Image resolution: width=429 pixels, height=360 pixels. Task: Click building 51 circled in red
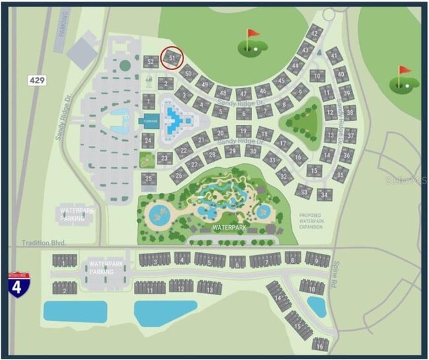click(172, 58)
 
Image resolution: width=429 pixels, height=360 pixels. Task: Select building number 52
click(151, 62)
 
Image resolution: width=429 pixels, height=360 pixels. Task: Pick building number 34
click(324, 195)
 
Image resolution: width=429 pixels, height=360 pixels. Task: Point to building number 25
click(150, 178)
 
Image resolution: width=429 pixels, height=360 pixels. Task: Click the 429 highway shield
click(38, 80)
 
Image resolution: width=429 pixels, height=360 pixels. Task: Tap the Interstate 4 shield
click(18, 285)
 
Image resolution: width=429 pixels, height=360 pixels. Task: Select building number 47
click(244, 93)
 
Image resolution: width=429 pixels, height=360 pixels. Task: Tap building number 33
click(303, 191)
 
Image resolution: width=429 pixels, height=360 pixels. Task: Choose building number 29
click(231, 151)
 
